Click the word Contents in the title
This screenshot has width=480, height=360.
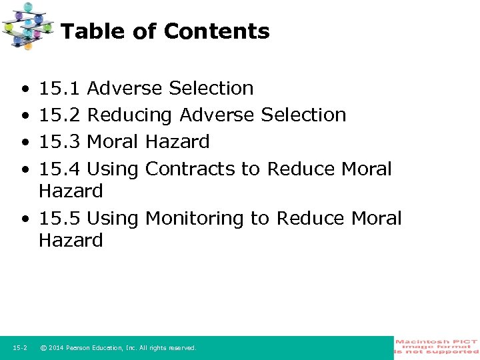coord(217,31)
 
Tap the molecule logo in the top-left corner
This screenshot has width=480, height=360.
coord(27,25)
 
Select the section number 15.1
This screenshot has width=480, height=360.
coord(59,88)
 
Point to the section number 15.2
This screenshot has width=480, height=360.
coord(59,115)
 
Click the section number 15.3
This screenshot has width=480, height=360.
coord(59,141)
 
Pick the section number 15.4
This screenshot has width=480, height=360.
coord(59,169)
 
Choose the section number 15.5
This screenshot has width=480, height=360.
coord(59,218)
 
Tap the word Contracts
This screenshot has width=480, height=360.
coord(190,169)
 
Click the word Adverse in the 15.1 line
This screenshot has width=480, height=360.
coord(125,88)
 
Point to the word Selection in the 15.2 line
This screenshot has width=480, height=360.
coord(303,115)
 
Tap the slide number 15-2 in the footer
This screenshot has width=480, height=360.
coord(20,348)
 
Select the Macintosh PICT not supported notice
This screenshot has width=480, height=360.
coord(437,347)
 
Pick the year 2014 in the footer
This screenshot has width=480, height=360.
coord(55,348)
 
